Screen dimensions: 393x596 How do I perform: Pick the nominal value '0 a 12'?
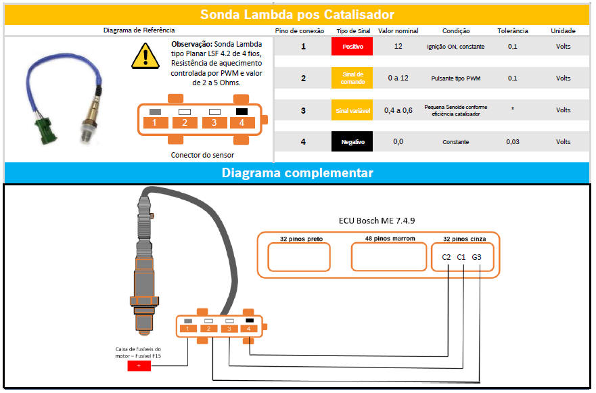tap(398, 78)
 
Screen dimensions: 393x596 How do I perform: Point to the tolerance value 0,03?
tap(512, 142)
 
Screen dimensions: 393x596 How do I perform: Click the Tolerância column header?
tap(512, 30)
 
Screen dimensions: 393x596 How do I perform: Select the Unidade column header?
tap(563, 30)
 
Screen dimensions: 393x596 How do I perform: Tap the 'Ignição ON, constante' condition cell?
tap(455, 47)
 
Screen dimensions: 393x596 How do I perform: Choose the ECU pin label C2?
tap(446, 257)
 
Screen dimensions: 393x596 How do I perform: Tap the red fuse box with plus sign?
tap(139, 365)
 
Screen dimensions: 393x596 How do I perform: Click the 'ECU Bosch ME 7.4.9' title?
tap(377, 221)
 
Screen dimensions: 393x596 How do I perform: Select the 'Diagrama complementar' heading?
tap(297, 173)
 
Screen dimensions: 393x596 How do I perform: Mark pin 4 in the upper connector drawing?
tap(241, 122)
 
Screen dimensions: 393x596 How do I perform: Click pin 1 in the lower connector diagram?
tap(187, 329)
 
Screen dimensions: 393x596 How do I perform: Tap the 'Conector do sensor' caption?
tap(202, 155)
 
